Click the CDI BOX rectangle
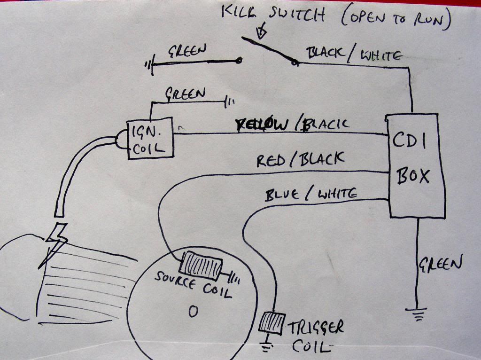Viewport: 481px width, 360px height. pos(416,165)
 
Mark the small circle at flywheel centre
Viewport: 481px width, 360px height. pos(192,312)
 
